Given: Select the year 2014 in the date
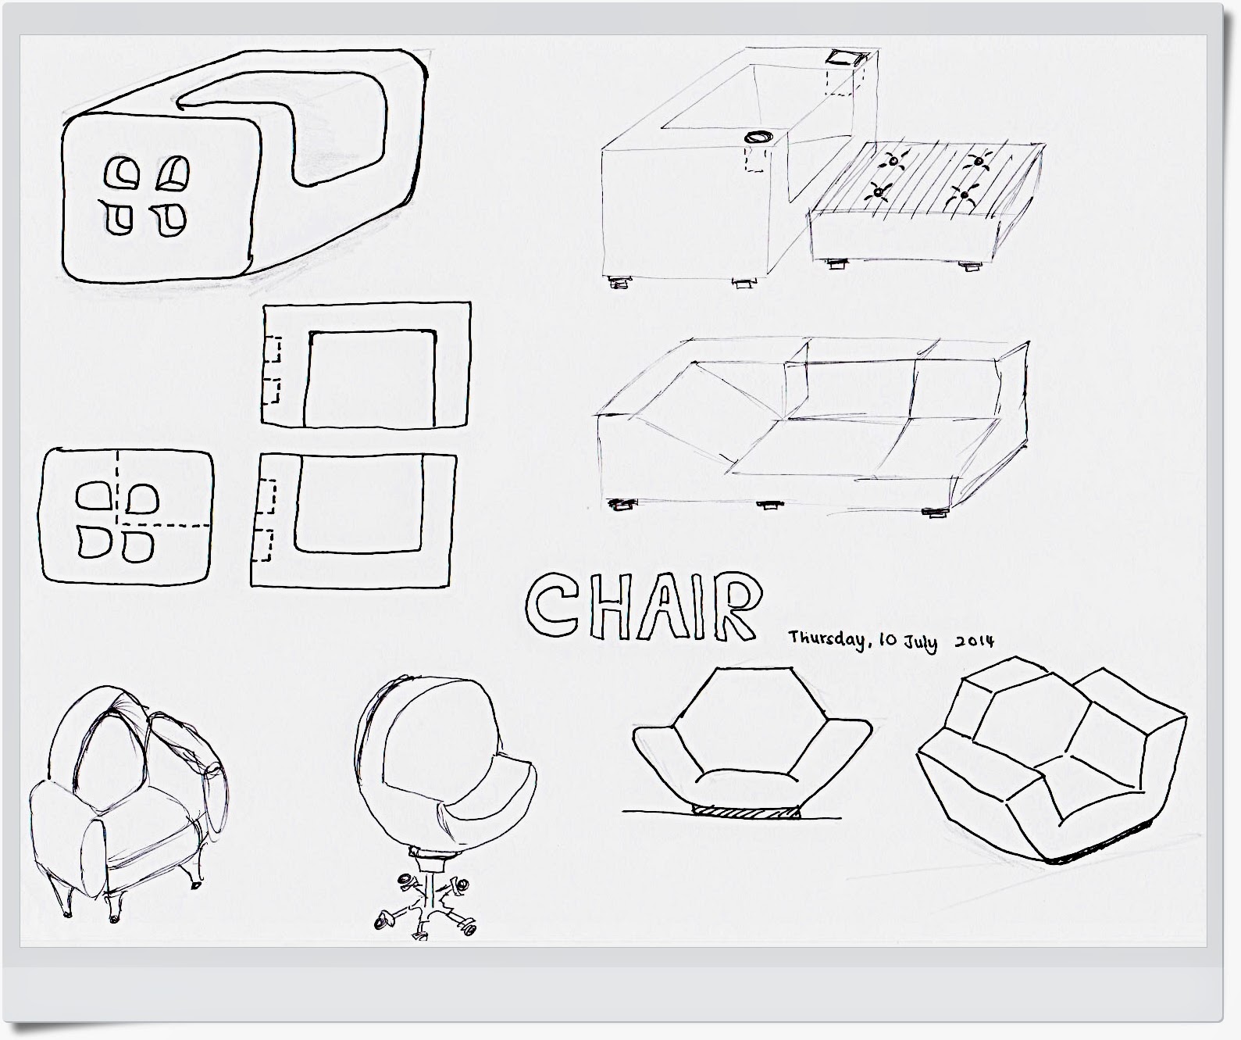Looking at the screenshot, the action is [x=975, y=641].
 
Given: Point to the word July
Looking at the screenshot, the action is [x=922, y=643].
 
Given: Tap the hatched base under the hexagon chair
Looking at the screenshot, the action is [x=746, y=812].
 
